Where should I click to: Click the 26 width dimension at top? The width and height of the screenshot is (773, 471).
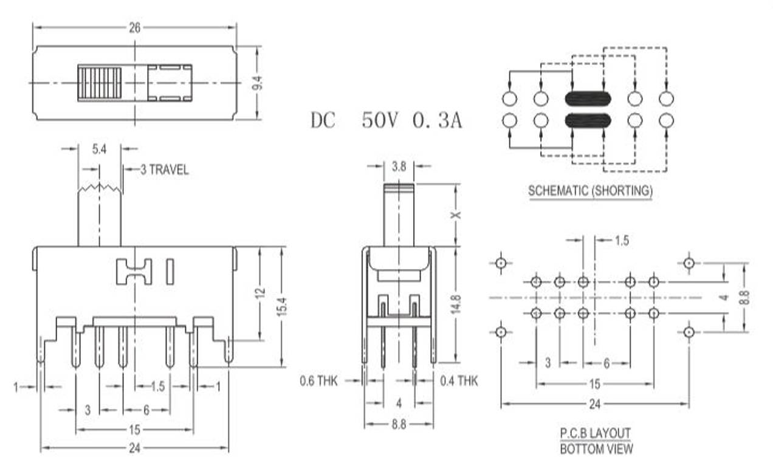point(134,27)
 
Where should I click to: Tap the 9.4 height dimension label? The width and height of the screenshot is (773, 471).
point(257,83)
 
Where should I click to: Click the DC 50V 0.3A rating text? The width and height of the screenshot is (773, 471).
point(386,120)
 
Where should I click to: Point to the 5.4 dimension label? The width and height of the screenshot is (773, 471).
point(100,148)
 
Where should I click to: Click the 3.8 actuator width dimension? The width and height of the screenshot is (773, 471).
point(399,165)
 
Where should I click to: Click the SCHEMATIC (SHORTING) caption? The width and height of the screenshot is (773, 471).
point(590,191)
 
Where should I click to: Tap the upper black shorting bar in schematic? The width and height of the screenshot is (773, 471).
point(588,98)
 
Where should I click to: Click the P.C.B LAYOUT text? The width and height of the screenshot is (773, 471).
point(595,433)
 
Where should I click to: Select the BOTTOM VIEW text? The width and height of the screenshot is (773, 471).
point(596,449)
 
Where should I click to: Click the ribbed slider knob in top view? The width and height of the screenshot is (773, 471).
point(100,83)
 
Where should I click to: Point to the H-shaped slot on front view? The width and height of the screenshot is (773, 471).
point(134,271)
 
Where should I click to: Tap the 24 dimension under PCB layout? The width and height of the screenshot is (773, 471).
point(595,404)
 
